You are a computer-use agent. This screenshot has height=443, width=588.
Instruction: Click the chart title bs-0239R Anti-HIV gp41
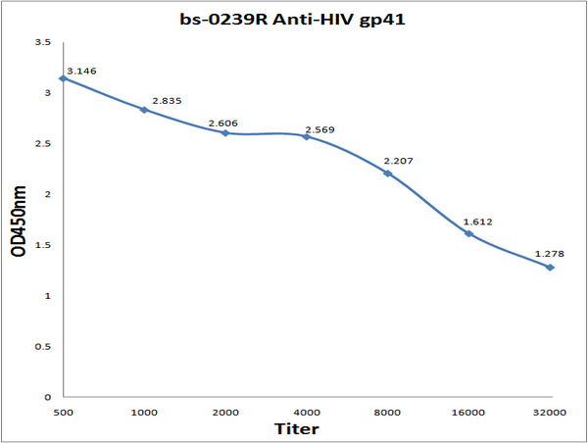tap(292, 20)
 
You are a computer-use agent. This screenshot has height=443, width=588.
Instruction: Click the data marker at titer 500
tap(64, 78)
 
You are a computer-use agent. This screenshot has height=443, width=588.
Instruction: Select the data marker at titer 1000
tap(144, 110)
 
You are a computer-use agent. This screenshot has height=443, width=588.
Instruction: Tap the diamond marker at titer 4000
tap(307, 137)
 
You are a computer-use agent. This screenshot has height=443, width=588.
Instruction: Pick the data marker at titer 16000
tap(468, 233)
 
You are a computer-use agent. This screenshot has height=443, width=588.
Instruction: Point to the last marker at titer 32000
tap(550, 268)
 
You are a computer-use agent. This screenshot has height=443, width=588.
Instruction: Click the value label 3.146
tap(81, 71)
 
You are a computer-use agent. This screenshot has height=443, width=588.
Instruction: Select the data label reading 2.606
tap(223, 123)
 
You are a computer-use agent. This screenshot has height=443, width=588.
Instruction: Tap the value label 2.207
tap(398, 161)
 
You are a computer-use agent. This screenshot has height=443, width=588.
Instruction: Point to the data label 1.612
tap(478, 222)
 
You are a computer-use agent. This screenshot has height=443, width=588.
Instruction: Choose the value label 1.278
tap(550, 254)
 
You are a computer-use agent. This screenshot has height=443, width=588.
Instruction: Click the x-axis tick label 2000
tap(225, 413)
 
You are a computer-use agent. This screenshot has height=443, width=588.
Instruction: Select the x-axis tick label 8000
tap(387, 413)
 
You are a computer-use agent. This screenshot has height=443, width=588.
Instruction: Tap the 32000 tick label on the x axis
tap(550, 413)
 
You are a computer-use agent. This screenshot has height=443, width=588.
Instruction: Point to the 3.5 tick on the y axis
tap(43, 42)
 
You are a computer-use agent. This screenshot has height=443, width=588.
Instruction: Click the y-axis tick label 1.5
tap(43, 245)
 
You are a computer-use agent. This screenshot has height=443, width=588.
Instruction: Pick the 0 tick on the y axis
tap(48, 397)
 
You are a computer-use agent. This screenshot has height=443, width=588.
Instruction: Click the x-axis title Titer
tap(297, 428)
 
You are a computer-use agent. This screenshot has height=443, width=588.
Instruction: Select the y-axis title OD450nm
tap(19, 221)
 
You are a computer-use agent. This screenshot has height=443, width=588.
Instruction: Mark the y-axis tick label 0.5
tap(43, 347)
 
